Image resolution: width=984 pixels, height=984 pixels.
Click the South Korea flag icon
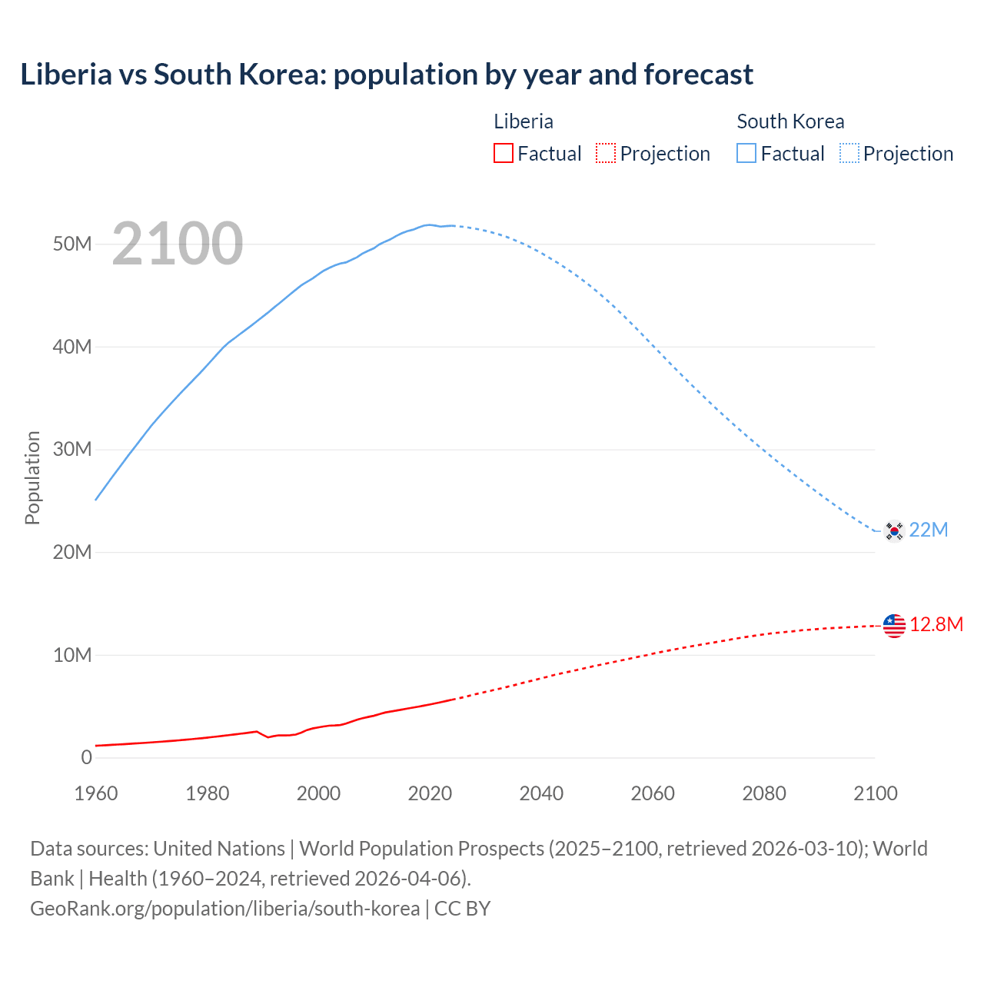(894, 530)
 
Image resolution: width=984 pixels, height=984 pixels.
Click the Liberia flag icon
(894, 626)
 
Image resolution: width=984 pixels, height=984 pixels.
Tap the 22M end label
(929, 530)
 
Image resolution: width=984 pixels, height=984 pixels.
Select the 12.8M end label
(936, 624)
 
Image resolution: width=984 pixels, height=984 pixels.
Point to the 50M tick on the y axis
(72, 244)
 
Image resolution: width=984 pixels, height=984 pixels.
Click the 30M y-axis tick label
(72, 450)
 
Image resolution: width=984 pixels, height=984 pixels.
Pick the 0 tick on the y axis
(86, 758)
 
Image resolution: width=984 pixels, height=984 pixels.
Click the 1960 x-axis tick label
(96, 793)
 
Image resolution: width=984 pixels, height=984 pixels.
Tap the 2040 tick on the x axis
(541, 793)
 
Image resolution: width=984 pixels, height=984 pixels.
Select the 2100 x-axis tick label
(875, 793)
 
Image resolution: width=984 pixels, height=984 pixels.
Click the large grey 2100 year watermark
(178, 244)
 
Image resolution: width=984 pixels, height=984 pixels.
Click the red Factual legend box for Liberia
(504, 154)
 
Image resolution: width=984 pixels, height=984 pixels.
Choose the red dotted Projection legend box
(606, 154)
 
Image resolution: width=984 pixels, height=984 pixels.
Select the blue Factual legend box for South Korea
(746, 154)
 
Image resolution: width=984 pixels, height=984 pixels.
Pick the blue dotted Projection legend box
(849, 154)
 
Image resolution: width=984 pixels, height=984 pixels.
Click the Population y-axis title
(32, 477)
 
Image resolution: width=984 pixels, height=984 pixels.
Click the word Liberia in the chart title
(66, 75)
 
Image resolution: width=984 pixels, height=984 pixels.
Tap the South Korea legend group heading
(790, 121)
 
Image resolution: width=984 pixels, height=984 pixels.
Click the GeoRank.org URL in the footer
(224, 909)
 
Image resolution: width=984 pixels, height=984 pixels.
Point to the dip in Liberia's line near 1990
(268, 737)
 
